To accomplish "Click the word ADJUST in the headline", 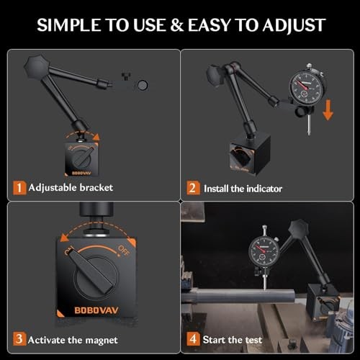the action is coord(294,25).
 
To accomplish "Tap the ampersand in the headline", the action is coord(176,25).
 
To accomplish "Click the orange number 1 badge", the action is coord(19,188).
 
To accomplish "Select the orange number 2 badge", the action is coord(193,188).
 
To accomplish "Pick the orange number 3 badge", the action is coord(19,339).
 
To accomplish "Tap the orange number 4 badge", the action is coord(193,339).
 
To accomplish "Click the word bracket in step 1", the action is coord(96,187).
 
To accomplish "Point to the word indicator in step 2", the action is coord(264,189).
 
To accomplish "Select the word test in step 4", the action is coord(253,340).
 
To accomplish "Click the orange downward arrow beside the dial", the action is coord(328,110).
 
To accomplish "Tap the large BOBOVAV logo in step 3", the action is coord(96,310).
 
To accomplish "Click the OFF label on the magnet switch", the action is coord(124,251).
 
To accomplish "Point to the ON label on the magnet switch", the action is coord(69,251).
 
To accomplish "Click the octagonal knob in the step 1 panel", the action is coord(37,66).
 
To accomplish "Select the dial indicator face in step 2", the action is coord(308,87).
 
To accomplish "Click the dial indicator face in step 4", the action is coord(264,251).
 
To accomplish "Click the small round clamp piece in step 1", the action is coord(143,85).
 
